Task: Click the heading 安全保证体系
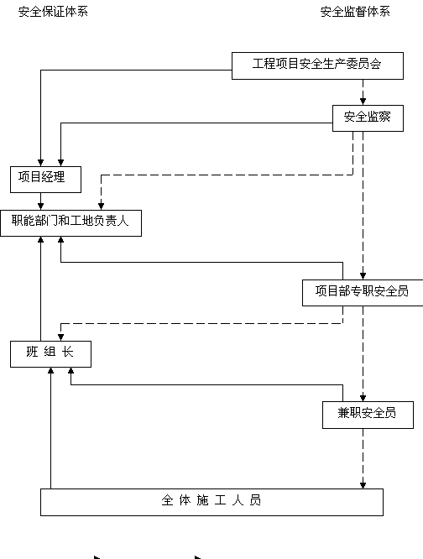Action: pos(53,12)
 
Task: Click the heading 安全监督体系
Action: pos(355,12)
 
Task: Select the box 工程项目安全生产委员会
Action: pos(317,65)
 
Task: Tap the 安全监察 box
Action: pos(368,118)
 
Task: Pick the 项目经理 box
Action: pos(45,180)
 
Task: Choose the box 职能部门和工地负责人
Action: pos(70,222)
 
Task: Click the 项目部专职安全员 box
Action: pos(363,293)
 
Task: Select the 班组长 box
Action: pos(50,354)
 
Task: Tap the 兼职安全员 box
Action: pos(368,415)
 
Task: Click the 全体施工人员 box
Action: pos(211,502)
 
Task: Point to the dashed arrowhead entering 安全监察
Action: pos(363,102)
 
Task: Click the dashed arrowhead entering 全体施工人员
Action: pos(363,485)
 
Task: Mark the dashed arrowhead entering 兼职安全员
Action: pos(363,398)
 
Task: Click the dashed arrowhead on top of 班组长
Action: pos(60,337)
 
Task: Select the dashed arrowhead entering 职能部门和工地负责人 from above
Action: pos(101,206)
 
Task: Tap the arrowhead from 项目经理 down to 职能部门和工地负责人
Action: pos(40,206)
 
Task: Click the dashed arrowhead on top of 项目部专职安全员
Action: pos(363,276)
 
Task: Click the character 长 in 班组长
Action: pos(68,352)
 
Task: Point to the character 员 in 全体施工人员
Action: pos(255,500)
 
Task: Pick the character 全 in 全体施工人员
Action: pos(167,500)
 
